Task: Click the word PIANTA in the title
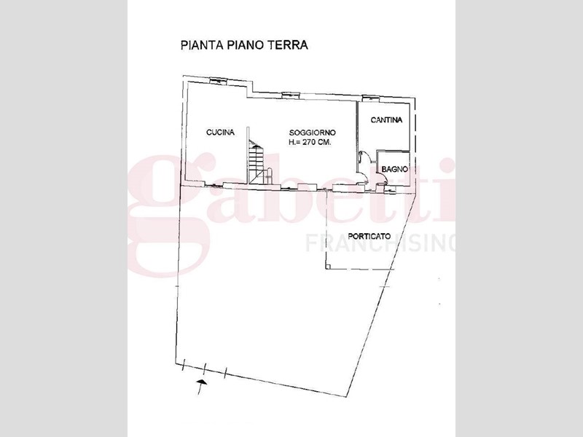click(x=202, y=45)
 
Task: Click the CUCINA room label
click(x=221, y=133)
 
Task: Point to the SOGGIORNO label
click(x=313, y=133)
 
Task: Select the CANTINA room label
click(x=386, y=120)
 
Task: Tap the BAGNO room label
click(x=394, y=169)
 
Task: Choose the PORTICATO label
click(x=369, y=236)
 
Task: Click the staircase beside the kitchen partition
click(x=257, y=162)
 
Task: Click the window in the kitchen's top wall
click(x=217, y=80)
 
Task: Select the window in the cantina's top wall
click(x=370, y=98)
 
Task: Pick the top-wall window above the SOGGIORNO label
click(x=290, y=94)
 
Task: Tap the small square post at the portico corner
click(x=327, y=266)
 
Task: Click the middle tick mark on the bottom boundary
click(x=205, y=370)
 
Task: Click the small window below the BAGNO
click(x=390, y=190)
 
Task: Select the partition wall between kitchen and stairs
click(x=247, y=155)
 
